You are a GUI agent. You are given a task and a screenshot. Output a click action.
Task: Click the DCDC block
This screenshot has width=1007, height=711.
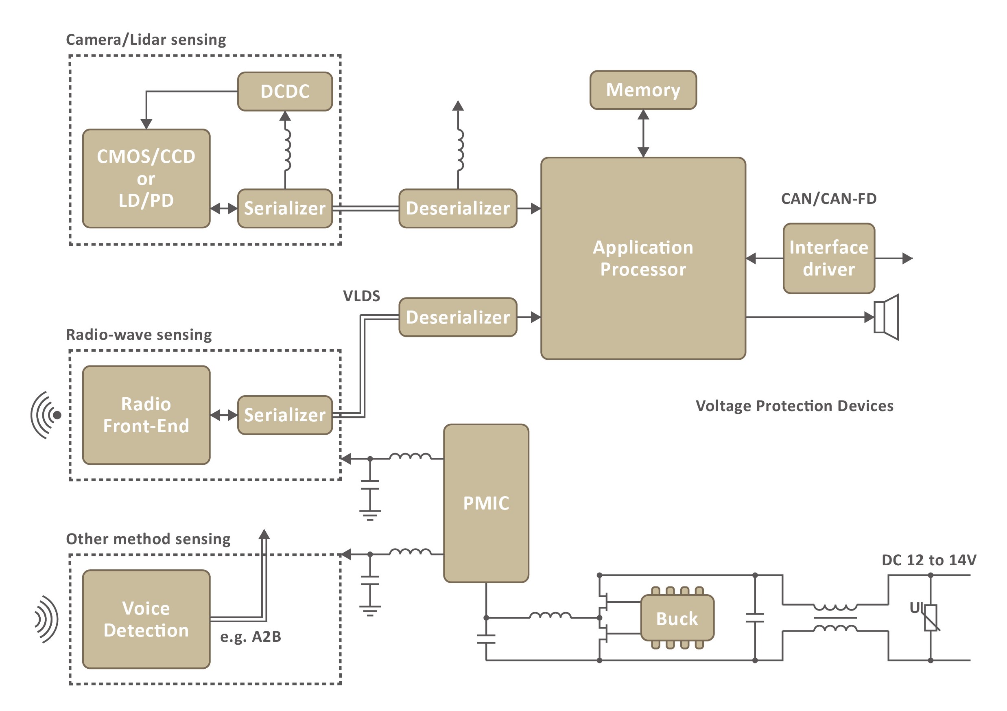tap(285, 91)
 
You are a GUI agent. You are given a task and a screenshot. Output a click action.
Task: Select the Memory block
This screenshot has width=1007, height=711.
tap(642, 90)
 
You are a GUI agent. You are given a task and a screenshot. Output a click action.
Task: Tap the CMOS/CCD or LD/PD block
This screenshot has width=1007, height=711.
tap(146, 178)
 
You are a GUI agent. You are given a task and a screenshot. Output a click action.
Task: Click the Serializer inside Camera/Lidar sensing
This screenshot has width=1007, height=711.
tap(285, 208)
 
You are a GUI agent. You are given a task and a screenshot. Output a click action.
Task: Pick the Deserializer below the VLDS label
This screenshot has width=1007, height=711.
tap(457, 317)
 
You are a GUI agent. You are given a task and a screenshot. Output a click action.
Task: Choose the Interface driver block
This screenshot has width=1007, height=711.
tap(828, 258)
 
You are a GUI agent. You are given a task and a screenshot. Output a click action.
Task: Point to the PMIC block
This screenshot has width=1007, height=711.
tap(486, 503)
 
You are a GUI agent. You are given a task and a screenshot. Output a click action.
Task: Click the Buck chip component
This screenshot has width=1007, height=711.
tap(677, 619)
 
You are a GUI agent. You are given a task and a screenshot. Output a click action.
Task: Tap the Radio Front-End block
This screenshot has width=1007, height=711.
tap(146, 415)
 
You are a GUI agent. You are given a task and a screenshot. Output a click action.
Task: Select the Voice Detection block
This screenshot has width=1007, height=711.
tap(146, 619)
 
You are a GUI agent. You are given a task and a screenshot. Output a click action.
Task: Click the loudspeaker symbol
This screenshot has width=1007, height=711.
tap(886, 317)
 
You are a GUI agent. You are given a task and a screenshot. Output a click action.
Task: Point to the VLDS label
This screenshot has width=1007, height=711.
tap(361, 296)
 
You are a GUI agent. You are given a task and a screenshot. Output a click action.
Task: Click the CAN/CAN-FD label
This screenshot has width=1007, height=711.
tap(828, 199)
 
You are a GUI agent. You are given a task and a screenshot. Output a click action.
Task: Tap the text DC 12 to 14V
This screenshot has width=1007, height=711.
tap(928, 560)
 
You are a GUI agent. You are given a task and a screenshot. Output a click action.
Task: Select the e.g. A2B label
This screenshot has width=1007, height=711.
tap(251, 637)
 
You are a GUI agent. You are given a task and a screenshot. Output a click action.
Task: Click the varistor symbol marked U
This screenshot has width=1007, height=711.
tap(930, 617)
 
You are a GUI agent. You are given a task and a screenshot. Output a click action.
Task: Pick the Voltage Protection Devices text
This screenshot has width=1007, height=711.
tap(794, 406)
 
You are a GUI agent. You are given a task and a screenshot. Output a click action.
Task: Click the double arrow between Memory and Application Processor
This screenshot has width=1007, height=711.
tap(643, 133)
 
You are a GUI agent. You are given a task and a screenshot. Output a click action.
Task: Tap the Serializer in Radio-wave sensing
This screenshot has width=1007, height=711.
tap(285, 415)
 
